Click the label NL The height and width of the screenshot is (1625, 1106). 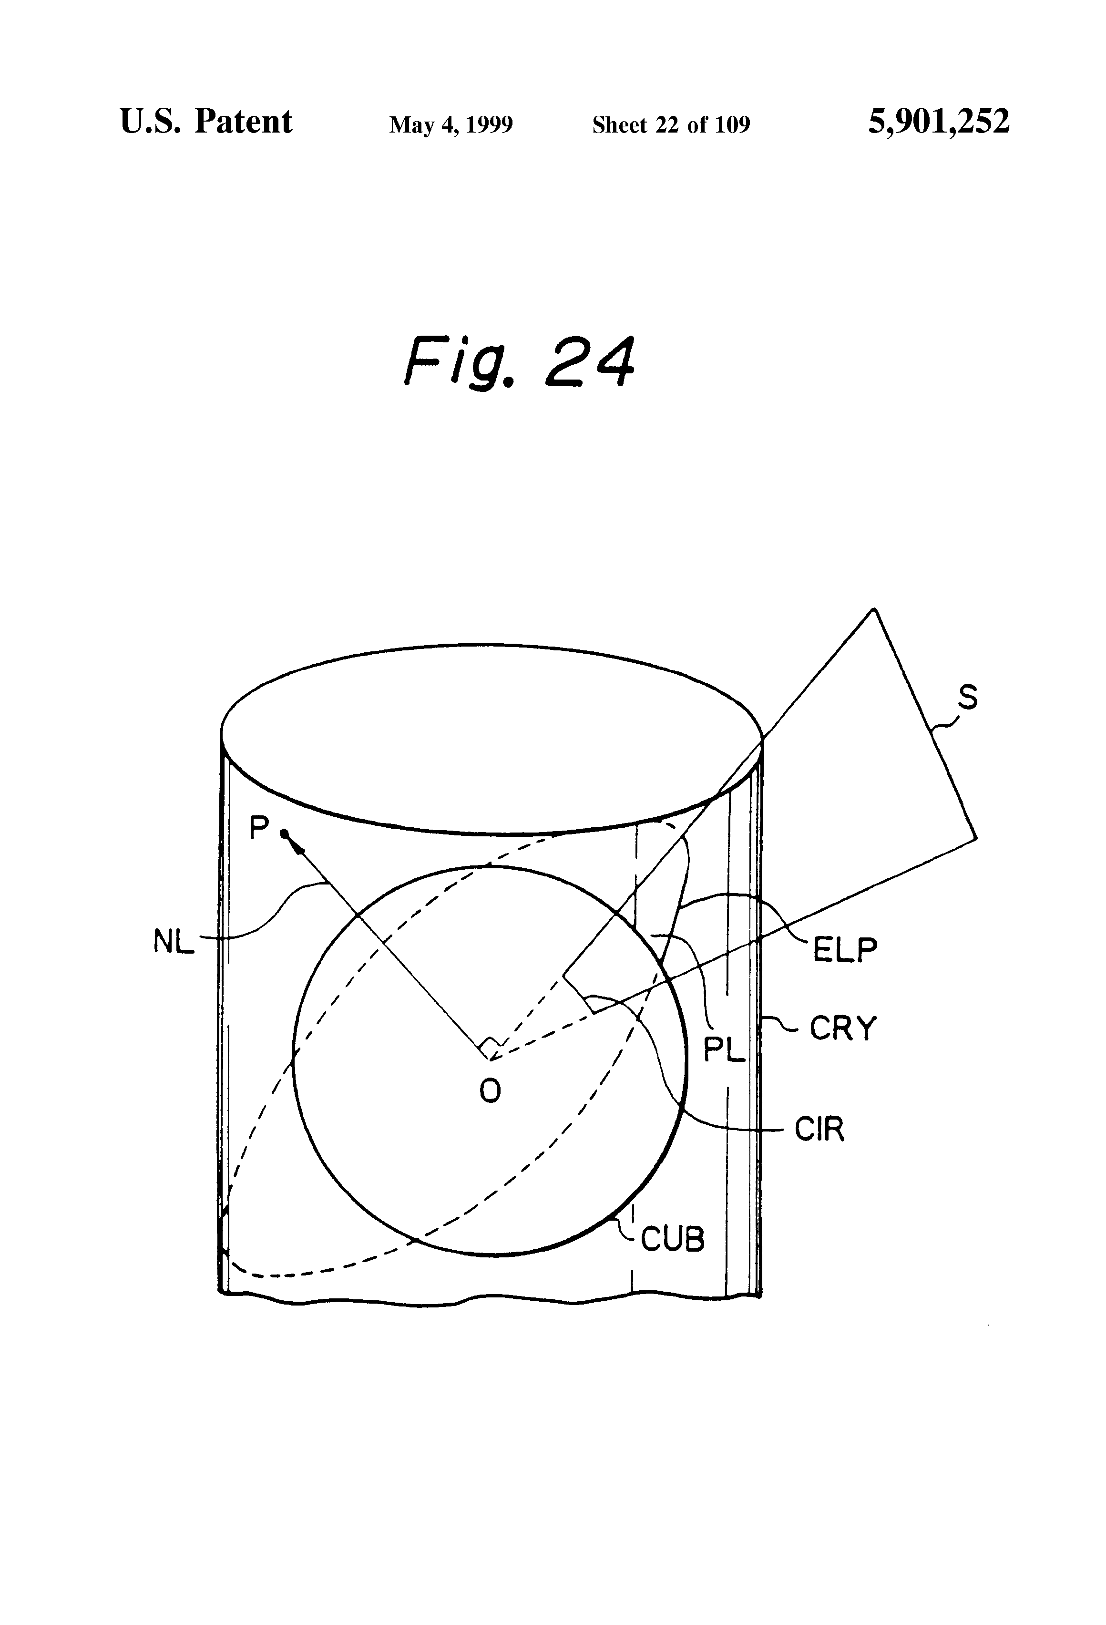(174, 943)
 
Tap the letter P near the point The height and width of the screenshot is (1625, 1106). (259, 829)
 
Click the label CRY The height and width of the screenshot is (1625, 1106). (842, 1028)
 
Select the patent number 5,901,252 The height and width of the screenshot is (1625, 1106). (938, 122)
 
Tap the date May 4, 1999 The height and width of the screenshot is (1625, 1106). (451, 124)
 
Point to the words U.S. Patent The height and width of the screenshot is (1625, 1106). (206, 122)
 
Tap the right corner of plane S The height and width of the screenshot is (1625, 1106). (976, 838)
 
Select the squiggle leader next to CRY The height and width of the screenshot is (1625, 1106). (779, 1024)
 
